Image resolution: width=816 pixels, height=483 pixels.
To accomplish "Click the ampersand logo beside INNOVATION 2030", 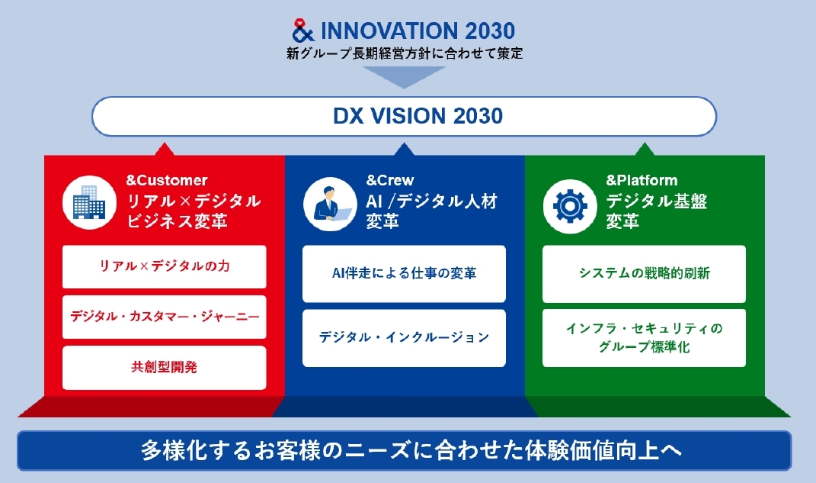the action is [x=303, y=31].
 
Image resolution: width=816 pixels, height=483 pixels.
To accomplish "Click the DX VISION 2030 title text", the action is [x=418, y=116].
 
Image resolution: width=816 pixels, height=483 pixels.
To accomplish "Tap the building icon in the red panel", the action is [x=89, y=203].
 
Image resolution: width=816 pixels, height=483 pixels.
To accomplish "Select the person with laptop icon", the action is [x=330, y=204].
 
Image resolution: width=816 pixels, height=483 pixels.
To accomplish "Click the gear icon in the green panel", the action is [x=570, y=206].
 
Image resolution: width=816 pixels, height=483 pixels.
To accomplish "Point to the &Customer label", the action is [x=167, y=180].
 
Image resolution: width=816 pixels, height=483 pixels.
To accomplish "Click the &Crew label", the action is [x=390, y=180].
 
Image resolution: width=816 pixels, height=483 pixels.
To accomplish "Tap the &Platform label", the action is [x=642, y=180].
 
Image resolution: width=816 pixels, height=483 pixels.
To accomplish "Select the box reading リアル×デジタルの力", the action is [x=164, y=267].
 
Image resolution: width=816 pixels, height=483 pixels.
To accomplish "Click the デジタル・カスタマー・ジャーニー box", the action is [x=164, y=317].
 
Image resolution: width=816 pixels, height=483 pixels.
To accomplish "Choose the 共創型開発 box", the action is [x=164, y=367].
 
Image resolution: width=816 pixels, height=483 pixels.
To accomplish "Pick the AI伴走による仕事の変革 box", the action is [x=404, y=273].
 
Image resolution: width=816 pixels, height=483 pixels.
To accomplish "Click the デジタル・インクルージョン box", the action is [x=404, y=337].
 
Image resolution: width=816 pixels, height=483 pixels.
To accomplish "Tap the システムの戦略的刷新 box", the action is [x=644, y=273].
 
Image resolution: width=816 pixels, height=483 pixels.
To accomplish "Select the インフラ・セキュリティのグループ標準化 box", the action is [x=644, y=337].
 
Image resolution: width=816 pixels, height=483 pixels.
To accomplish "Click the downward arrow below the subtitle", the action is [x=404, y=76].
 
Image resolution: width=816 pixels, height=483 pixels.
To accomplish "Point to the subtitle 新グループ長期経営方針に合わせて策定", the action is [x=405, y=53].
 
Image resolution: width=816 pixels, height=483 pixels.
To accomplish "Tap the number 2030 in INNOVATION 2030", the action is [x=490, y=31].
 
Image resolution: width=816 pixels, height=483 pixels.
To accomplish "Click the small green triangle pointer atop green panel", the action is [x=645, y=150].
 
